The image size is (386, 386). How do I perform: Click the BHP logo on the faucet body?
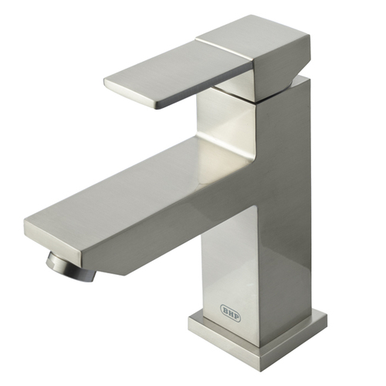231,313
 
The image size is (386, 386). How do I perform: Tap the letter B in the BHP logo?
225,310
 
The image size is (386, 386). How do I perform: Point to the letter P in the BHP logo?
236,317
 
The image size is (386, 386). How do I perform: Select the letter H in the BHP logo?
231,313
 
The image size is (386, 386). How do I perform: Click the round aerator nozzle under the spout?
71,268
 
